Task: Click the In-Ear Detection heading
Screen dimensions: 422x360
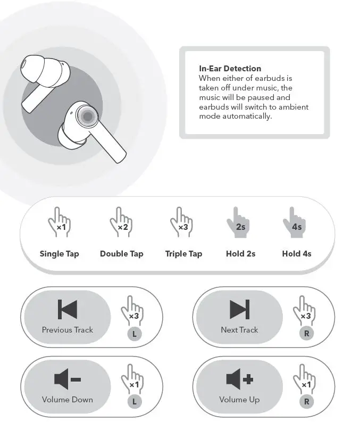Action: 230,69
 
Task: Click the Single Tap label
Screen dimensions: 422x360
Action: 59,254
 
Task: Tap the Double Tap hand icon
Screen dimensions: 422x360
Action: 122,223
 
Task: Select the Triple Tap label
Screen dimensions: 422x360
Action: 183,254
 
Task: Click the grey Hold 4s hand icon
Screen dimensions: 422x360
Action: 296,223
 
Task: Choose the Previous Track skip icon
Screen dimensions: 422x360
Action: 68,310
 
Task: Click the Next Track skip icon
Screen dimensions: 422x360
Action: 239,310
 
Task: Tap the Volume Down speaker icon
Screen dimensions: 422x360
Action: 68,379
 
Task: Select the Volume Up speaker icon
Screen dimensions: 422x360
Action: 239,379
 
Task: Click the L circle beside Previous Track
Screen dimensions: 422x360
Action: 135,334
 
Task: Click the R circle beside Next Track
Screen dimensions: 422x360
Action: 306,334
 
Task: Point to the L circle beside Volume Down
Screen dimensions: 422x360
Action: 135,402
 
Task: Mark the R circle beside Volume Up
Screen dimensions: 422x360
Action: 306,402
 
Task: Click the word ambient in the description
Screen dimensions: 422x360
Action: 291,107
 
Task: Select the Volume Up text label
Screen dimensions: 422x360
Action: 239,399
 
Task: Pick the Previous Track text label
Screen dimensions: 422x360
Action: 68,330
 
